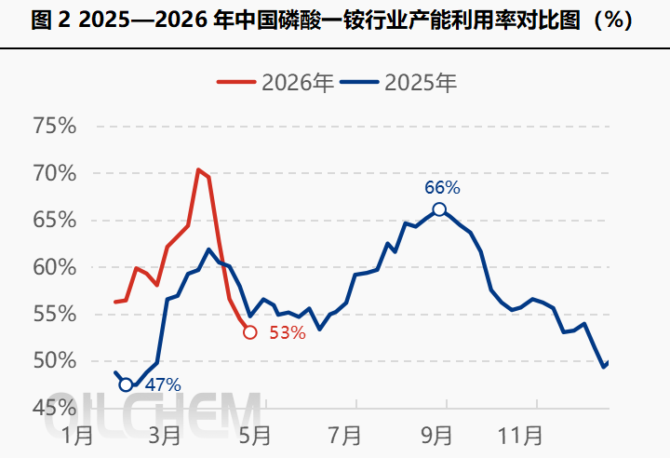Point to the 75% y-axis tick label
[x=56, y=127]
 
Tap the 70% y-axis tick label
[x=56, y=173]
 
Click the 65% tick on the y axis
[x=56, y=221]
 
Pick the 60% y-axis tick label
[x=56, y=267]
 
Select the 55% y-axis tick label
[x=56, y=314]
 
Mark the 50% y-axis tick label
[x=56, y=361]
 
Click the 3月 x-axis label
[x=164, y=434]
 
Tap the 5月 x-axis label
[x=254, y=434]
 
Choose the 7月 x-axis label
[x=344, y=434]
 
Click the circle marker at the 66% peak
[x=439, y=209]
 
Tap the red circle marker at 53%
[x=249, y=332]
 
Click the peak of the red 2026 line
[x=198, y=170]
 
